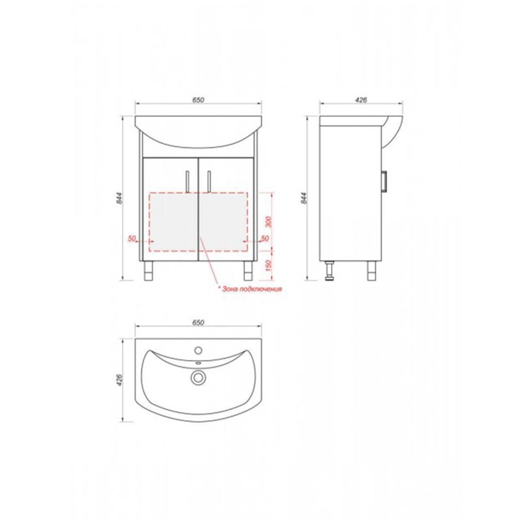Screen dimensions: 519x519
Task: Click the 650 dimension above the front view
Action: click(198, 100)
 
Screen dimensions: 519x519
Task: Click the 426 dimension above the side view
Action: click(361, 100)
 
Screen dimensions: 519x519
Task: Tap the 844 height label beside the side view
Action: click(305, 198)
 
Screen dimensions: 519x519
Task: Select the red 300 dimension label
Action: click(269, 222)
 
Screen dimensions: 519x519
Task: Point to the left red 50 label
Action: click(132, 238)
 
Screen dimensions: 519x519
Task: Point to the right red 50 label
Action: click(265, 238)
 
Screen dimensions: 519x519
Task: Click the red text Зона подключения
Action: click(252, 289)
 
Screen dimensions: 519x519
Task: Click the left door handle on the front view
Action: click(188, 181)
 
